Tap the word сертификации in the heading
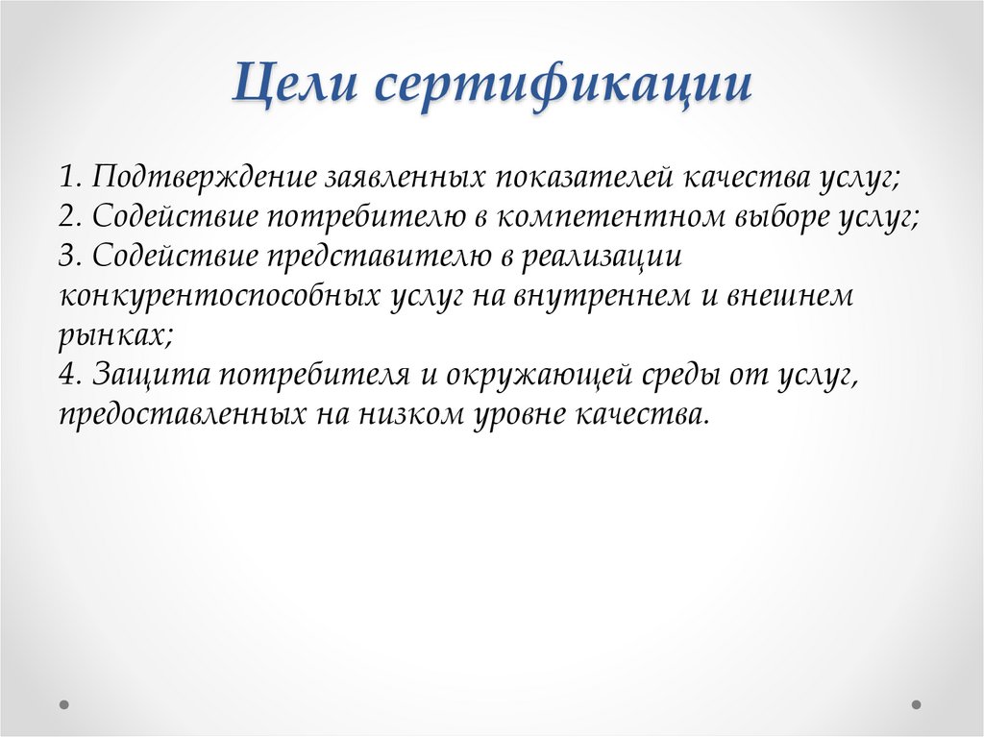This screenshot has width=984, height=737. tap(562, 88)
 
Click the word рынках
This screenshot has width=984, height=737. tap(113, 335)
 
